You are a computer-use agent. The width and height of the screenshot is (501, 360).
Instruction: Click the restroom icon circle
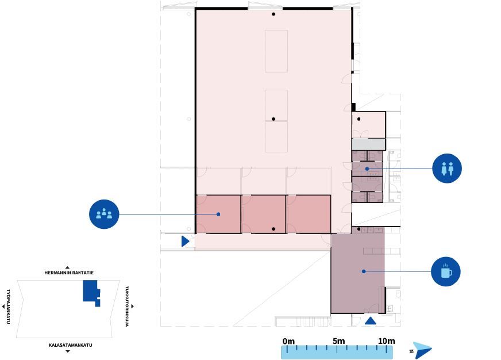point(446,168)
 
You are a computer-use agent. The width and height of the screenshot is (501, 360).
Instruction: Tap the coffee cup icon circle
point(446,271)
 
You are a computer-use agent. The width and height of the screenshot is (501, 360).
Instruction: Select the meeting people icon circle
point(104,214)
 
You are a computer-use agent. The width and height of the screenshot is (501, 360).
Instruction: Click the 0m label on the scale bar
point(288,341)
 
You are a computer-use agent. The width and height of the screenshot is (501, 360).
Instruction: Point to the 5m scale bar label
point(338,341)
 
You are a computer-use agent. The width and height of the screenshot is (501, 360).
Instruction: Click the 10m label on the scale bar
point(387,341)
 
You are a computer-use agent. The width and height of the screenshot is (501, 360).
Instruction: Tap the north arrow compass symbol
point(422,350)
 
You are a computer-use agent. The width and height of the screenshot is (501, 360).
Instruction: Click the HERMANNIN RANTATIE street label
point(69,273)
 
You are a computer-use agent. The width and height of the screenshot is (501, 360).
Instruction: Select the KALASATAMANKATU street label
point(70,345)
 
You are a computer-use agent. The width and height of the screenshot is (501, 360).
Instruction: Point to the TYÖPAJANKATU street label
point(8,307)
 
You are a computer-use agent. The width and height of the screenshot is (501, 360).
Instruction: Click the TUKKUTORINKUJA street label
point(127,306)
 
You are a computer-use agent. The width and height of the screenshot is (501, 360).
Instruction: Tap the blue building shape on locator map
point(91,293)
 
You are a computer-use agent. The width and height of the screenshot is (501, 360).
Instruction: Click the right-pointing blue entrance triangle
point(185,241)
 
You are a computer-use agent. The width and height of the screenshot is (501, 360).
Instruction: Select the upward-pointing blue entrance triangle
point(371,321)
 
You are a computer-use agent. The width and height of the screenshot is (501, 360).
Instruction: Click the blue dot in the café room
point(364,271)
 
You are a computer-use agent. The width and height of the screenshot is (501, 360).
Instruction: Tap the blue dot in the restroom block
point(367,168)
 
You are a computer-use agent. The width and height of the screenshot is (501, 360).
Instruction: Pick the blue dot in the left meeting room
point(218,214)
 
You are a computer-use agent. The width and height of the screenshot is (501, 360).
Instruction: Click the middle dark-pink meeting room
point(264,214)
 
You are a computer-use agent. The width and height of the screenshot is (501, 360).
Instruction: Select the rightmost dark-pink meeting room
point(309,214)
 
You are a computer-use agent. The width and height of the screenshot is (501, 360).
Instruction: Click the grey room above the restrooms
point(368,144)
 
